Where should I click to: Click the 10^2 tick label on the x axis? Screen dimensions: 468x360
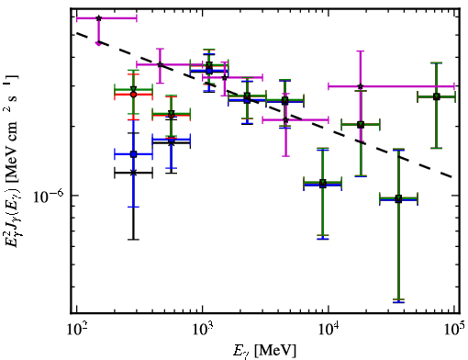pyautogui.click(x=76, y=330)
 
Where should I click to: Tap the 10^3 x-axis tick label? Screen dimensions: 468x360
pyautogui.click(x=203, y=330)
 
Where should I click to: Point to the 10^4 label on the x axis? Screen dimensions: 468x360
pyautogui.click(x=329, y=330)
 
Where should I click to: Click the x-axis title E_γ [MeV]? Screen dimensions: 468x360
pyautogui.click(x=264, y=351)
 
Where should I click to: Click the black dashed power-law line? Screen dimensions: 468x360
pyautogui.click(x=264, y=105)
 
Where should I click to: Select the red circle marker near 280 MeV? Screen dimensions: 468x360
pyautogui.click(x=133, y=95)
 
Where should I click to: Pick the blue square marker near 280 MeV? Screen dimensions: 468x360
pyautogui.click(x=133, y=154)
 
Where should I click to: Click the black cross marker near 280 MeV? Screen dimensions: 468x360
pyautogui.click(x=133, y=173)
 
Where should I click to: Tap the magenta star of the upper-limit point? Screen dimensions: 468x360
pyautogui.click(x=98, y=18)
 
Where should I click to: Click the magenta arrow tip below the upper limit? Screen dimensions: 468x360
pyautogui.click(x=98, y=44)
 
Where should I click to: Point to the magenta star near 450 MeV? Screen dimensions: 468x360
pyautogui.click(x=160, y=64)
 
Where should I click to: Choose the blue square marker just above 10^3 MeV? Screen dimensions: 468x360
pyautogui.click(x=209, y=71)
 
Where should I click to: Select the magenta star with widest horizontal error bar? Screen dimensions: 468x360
pyautogui.click(x=361, y=86)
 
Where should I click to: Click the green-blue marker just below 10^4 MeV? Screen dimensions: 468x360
pyautogui.click(x=323, y=184)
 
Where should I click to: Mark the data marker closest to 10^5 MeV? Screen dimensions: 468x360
pyautogui.click(x=437, y=96)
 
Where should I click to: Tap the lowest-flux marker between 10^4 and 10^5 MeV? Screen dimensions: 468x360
pyautogui.click(x=398, y=199)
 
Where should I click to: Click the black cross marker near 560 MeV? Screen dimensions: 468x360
pyautogui.click(x=172, y=142)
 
